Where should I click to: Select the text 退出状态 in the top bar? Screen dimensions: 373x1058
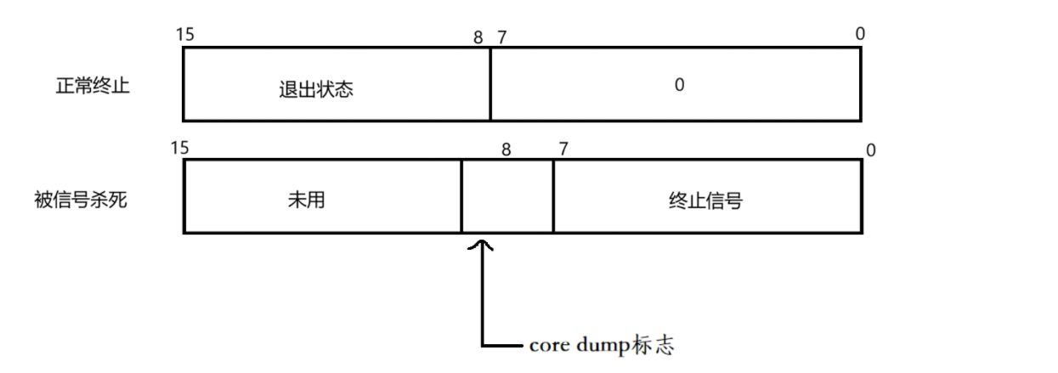pos(315,89)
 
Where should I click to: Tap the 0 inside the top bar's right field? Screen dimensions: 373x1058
pos(679,86)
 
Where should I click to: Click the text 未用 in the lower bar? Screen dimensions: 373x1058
pos(307,201)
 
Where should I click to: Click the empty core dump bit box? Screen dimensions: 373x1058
pos(507,196)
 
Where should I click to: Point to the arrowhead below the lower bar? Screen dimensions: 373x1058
pos(482,246)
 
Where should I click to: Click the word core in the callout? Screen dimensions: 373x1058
pos(546,345)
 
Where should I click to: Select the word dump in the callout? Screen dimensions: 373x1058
pos(598,345)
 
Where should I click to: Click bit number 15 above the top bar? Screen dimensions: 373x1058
pos(185,35)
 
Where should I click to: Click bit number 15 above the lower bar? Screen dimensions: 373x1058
pos(179,148)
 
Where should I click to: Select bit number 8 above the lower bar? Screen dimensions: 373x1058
pos(506,150)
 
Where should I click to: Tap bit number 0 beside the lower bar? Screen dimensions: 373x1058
pos(870,151)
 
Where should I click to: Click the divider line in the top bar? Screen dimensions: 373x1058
pos(490,84)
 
